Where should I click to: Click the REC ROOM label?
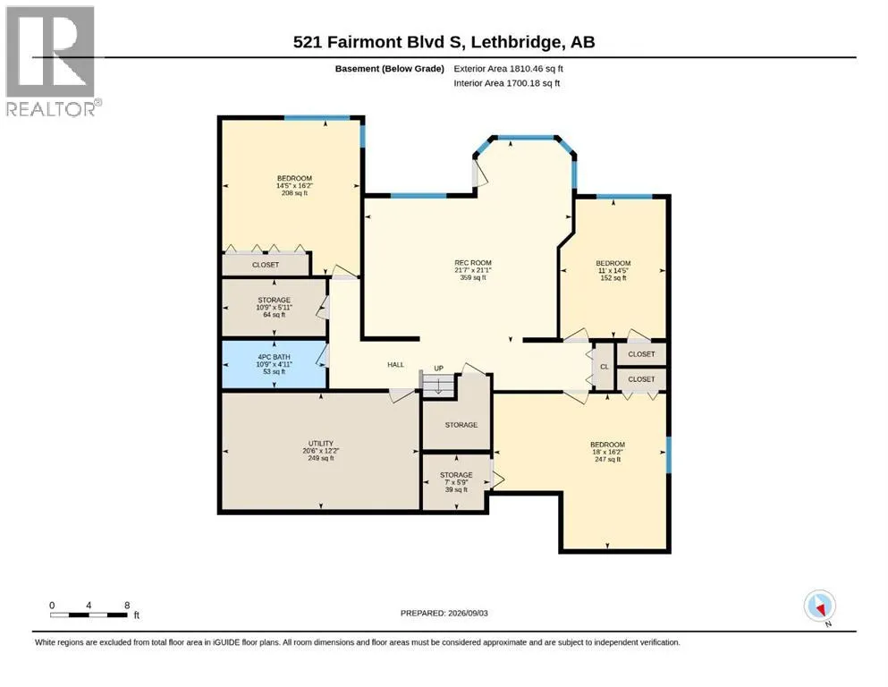pyautogui.click(x=473, y=263)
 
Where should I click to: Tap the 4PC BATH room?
pyautogui.click(x=275, y=364)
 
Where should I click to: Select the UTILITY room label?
pyautogui.click(x=320, y=444)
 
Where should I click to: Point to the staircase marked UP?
pyautogui.click(x=438, y=384)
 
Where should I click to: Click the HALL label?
pyautogui.click(x=395, y=365)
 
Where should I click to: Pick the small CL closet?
pyautogui.click(x=604, y=367)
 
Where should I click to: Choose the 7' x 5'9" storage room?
pyautogui.click(x=456, y=482)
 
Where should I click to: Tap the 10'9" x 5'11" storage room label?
pyautogui.click(x=275, y=307)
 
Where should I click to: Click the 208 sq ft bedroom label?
pyautogui.click(x=294, y=185)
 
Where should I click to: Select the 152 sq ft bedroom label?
pyautogui.click(x=613, y=270)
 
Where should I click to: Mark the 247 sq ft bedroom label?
pyautogui.click(x=607, y=452)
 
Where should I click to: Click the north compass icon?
pyautogui.click(x=819, y=606)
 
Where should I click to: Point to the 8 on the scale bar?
pyautogui.click(x=127, y=605)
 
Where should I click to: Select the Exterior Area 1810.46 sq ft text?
pyautogui.click(x=508, y=69)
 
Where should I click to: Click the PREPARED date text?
pyautogui.click(x=444, y=613)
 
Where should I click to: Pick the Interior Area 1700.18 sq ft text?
pyautogui.click(x=507, y=83)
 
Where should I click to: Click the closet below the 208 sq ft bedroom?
pyautogui.click(x=265, y=265)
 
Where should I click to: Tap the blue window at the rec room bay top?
pyautogui.click(x=526, y=138)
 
